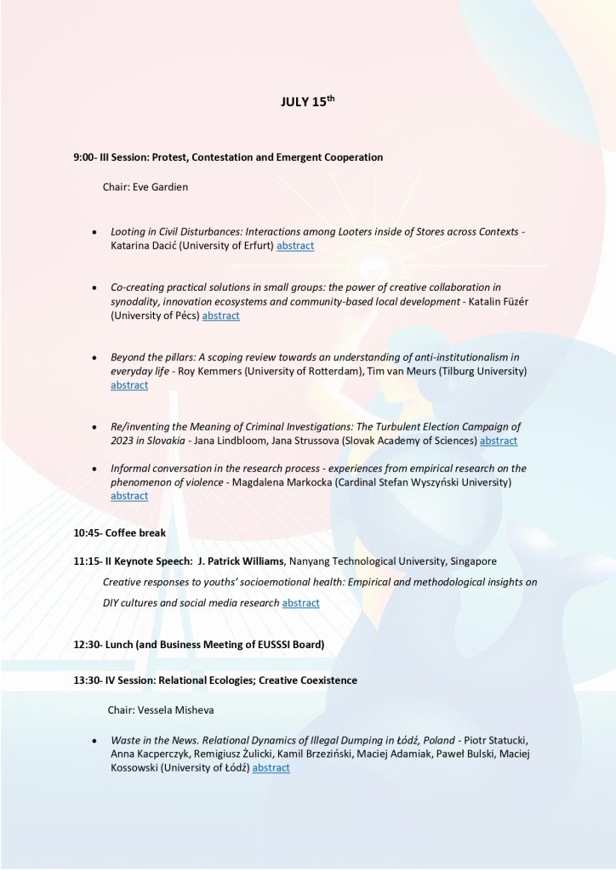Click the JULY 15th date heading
[307, 102]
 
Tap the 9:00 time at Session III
[84, 157]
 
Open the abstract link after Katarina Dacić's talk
[295, 246]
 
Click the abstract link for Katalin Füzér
[220, 316]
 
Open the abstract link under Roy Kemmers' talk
[129, 385]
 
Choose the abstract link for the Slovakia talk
[498, 441]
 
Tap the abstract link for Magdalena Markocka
[129, 496]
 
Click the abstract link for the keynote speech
[300, 603]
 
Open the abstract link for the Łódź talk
[271, 768]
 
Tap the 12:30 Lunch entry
[199, 645]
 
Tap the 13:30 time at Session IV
[88, 680]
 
